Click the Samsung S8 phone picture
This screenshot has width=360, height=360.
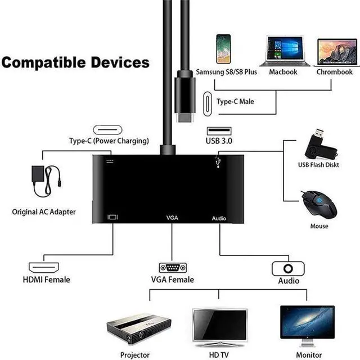click(x=223, y=49)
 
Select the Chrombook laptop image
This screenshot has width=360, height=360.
click(x=337, y=52)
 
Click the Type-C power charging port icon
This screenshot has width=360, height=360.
click(x=109, y=129)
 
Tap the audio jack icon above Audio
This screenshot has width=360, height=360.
click(x=288, y=268)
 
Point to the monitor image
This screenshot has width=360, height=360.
click(x=307, y=323)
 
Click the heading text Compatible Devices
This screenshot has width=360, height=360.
click(x=75, y=62)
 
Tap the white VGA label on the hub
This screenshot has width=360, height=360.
click(x=172, y=217)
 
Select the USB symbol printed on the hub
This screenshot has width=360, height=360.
click(x=218, y=162)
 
